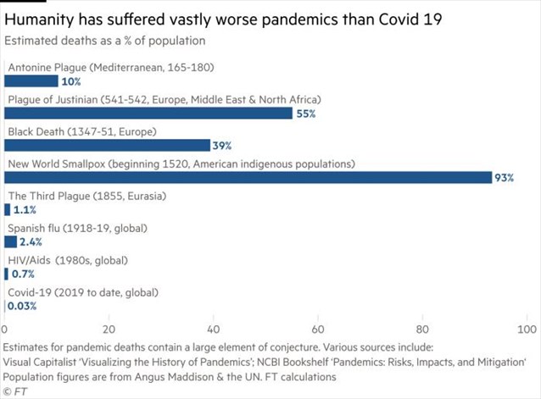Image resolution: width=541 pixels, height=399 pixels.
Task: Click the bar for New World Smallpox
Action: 248,177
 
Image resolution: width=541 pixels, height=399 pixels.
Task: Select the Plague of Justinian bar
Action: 148,114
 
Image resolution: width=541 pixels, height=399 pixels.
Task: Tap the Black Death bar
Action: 107,146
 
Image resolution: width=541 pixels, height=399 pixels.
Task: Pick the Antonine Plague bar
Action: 31,81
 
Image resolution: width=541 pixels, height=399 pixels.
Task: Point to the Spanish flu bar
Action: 10,242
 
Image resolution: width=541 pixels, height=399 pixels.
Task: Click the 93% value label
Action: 504,178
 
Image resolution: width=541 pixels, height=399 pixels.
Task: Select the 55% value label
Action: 306,114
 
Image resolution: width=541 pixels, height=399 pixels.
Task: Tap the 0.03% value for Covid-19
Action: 22,306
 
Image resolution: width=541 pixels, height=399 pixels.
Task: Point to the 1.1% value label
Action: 25,210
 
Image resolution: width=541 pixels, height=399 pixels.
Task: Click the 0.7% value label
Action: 23,274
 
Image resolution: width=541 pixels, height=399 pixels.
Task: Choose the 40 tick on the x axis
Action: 213,330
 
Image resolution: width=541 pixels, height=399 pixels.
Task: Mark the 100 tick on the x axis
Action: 527,330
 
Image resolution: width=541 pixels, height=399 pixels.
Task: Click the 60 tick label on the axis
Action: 318,330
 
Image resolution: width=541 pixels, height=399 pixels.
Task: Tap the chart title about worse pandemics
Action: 223,19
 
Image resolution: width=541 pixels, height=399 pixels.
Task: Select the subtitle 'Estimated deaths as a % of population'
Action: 105,41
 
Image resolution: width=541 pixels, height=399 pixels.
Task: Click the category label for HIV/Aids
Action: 68,260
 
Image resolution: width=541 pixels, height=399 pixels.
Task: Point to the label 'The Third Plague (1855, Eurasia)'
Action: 87,196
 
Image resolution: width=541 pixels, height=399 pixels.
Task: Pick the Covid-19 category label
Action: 83,292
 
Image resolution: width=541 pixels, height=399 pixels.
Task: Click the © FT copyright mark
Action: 14,391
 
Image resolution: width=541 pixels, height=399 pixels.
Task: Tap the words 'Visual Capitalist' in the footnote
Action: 39,363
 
